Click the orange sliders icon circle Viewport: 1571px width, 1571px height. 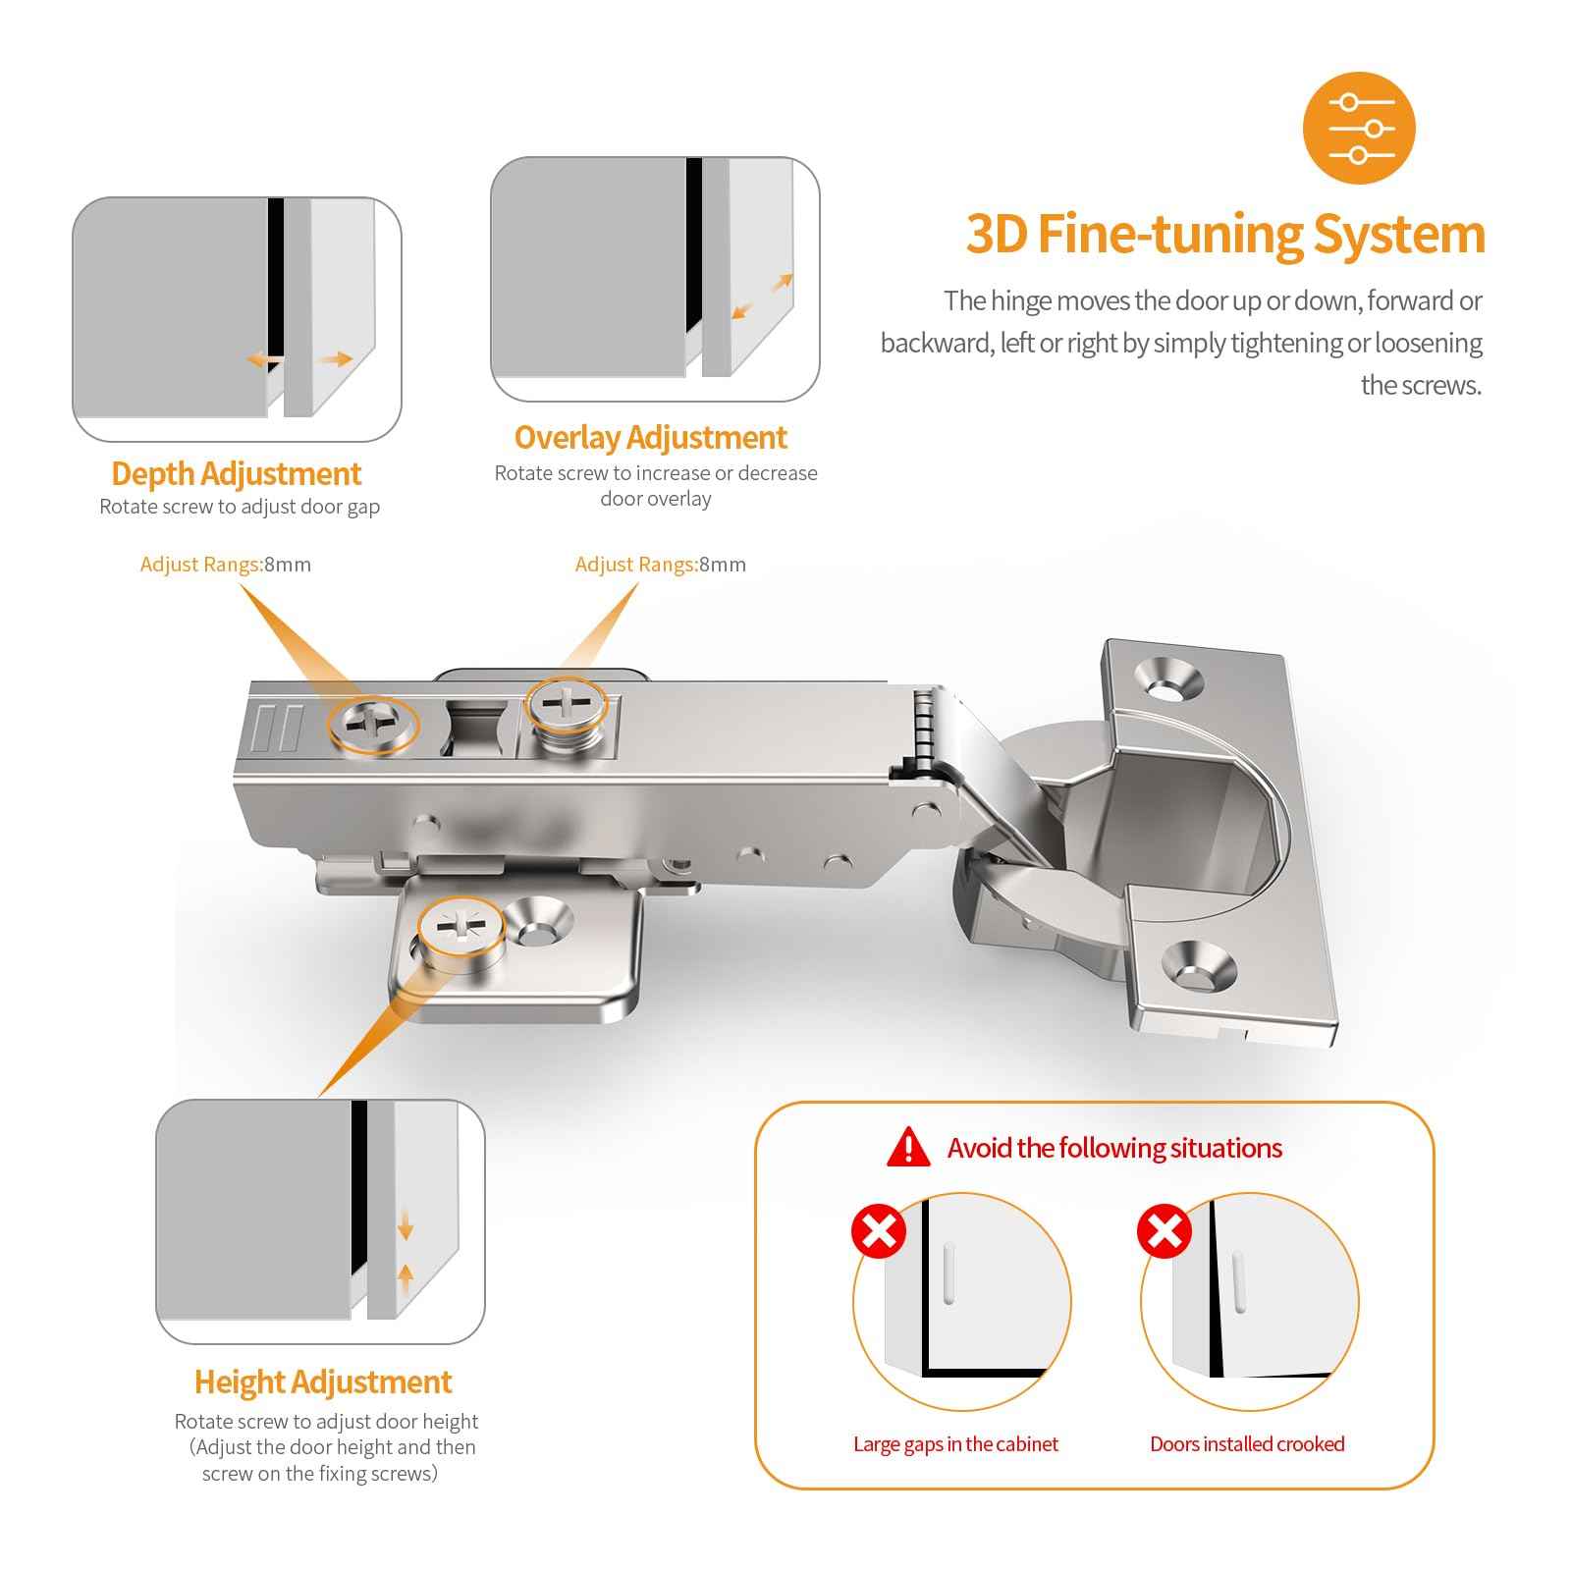[1358, 129]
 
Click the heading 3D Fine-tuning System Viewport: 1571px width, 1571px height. [1225, 235]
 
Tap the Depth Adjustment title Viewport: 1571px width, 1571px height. [236, 473]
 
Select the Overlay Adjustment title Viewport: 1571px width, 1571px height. [650, 437]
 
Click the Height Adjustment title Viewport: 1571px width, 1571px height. [322, 1381]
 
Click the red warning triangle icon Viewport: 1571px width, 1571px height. [908, 1148]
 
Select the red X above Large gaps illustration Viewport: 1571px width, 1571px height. [878, 1230]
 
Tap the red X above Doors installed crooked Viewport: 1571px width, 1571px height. [1165, 1230]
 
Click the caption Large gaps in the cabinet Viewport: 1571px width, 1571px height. [955, 1444]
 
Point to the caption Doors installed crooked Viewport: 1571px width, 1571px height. [1247, 1444]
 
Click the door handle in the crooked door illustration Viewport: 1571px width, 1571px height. [1239, 1280]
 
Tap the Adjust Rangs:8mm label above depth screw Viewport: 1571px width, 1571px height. [225, 565]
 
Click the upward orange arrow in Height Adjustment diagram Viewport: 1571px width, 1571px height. [406, 1278]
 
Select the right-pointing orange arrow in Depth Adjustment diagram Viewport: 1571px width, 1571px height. [335, 359]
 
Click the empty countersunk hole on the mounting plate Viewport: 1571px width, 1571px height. [536, 925]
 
